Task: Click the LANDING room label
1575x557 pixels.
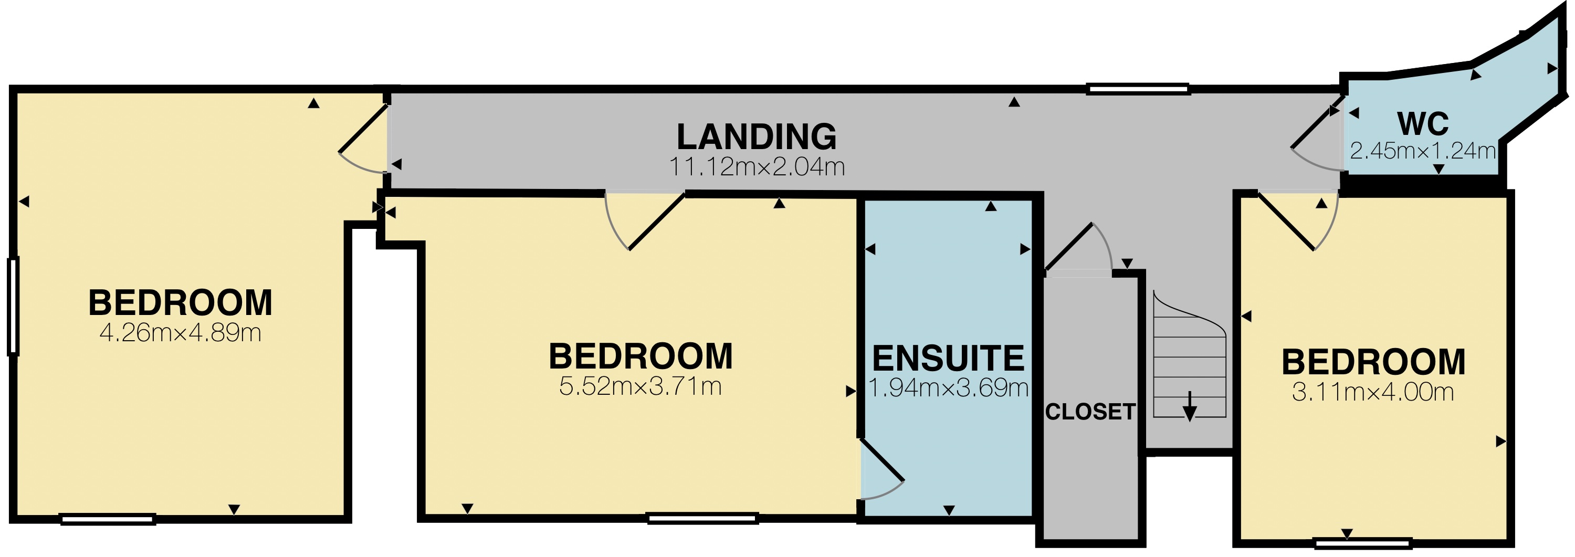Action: point(757,137)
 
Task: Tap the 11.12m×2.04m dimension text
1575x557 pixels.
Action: point(757,167)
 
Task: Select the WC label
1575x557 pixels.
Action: point(1423,124)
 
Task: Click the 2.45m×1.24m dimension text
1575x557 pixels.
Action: point(1423,151)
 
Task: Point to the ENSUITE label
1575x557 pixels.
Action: point(948,359)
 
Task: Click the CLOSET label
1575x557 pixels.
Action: point(1090,412)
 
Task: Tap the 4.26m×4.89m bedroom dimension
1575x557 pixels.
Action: point(181,333)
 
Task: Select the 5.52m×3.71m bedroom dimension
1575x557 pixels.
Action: point(640,386)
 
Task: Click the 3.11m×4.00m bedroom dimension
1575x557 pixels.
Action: point(1373,392)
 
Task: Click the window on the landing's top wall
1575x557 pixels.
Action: point(1137,89)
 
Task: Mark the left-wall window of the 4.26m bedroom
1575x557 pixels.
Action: point(13,306)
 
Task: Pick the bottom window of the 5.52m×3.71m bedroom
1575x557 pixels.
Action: point(702,519)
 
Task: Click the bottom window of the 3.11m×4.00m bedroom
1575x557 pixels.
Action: point(1363,543)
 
